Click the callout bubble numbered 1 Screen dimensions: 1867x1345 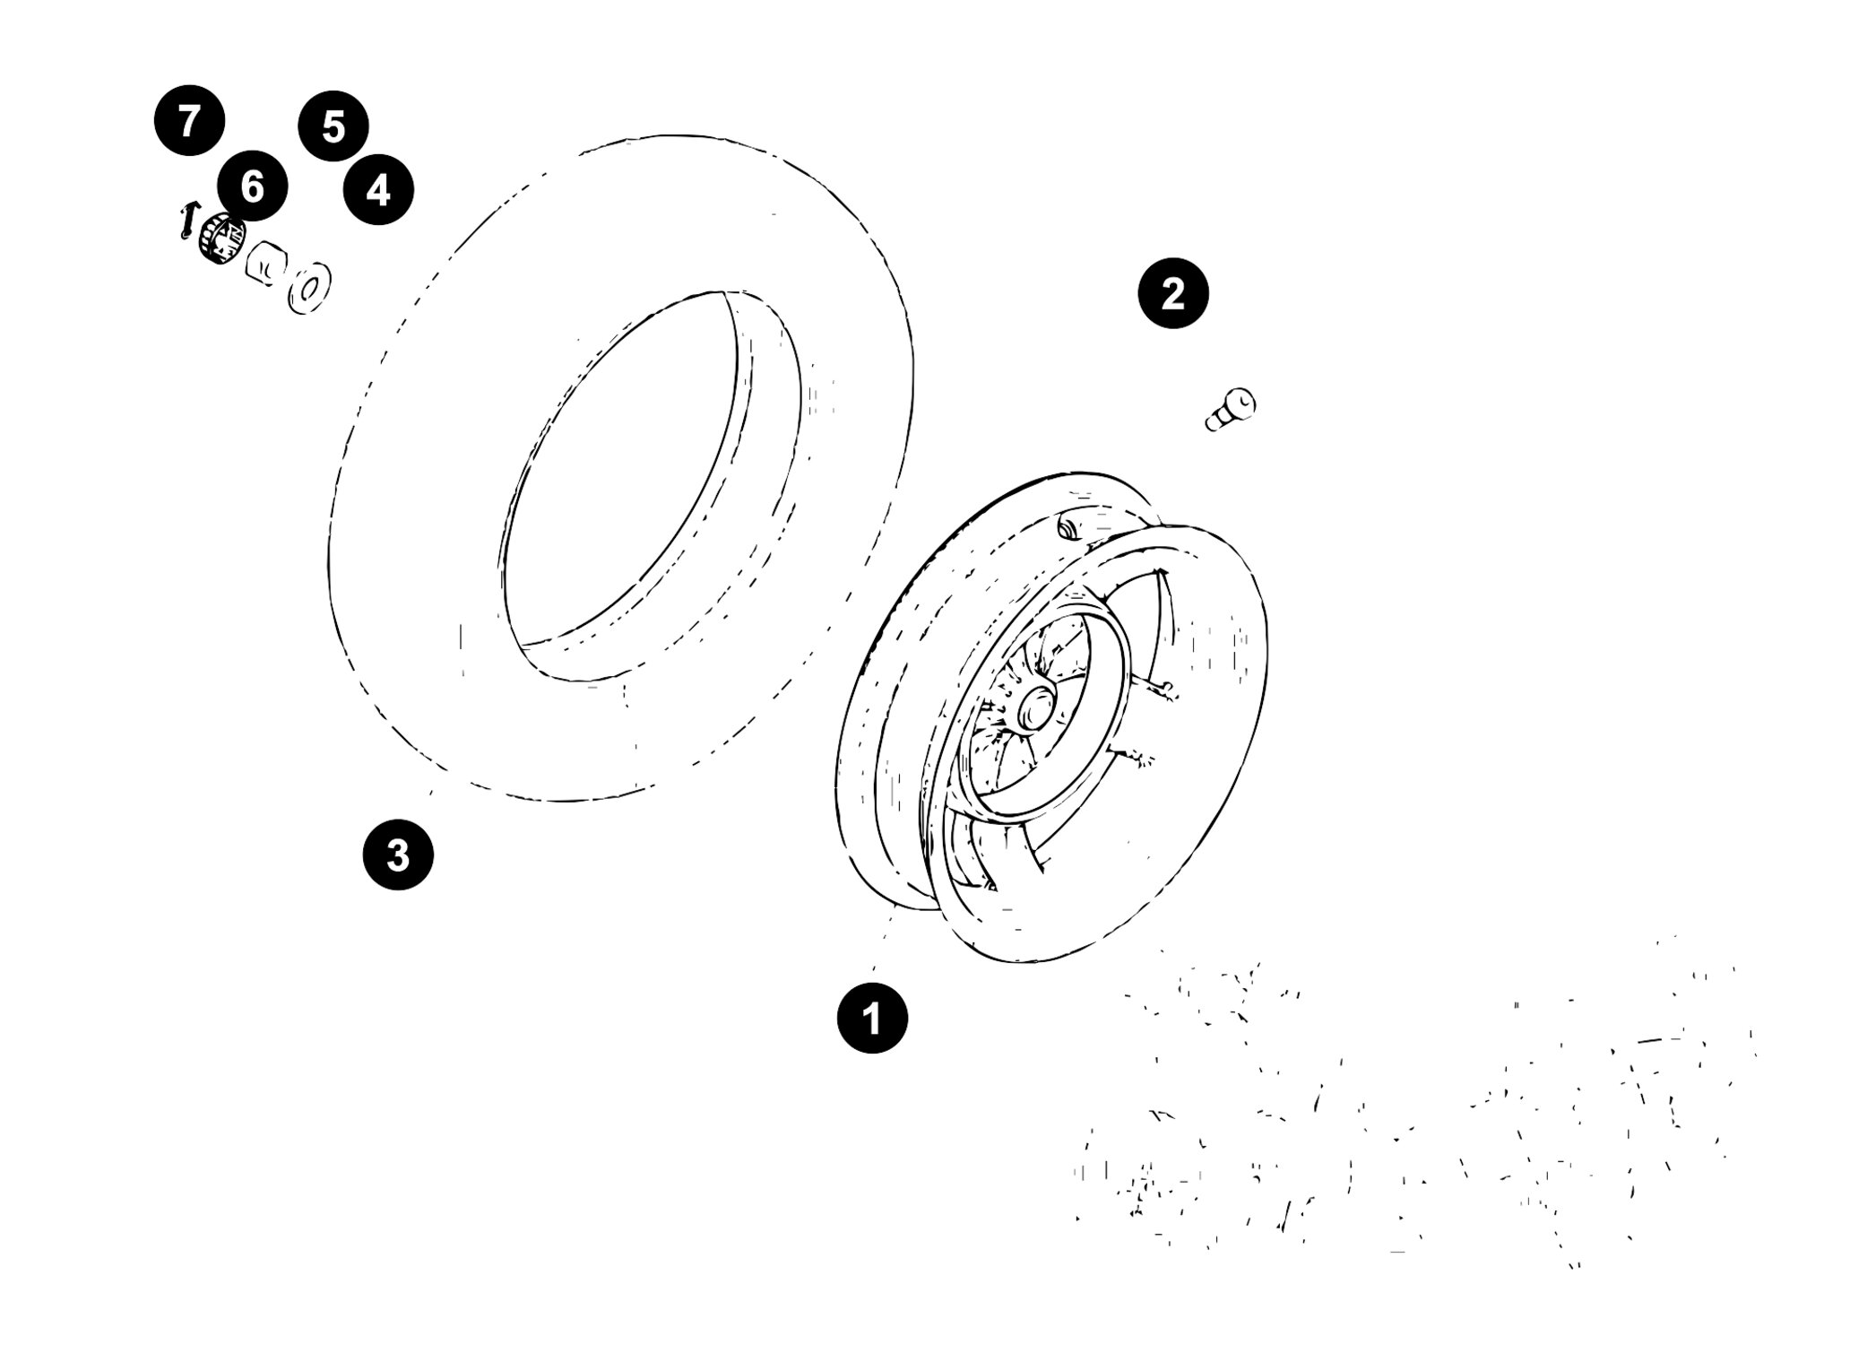pyautogui.click(x=872, y=1018)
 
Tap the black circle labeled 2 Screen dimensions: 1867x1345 pyautogui.click(x=1173, y=293)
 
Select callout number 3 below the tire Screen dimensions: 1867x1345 pyautogui.click(x=398, y=855)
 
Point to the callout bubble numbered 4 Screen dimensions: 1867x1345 pyautogui.click(x=378, y=189)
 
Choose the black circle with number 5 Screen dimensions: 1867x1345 pyautogui.click(x=333, y=126)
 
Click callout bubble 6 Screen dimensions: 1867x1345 pyautogui.click(x=253, y=187)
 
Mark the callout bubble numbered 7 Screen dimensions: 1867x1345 pyautogui.click(x=188, y=120)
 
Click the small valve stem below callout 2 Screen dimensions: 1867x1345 pyautogui.click(x=1230, y=410)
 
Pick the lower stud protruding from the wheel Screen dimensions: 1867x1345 pyautogui.click(x=1132, y=755)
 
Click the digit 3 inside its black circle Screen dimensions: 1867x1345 pyautogui.click(x=398, y=855)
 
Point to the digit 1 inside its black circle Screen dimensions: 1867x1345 pyautogui.click(x=871, y=1018)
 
